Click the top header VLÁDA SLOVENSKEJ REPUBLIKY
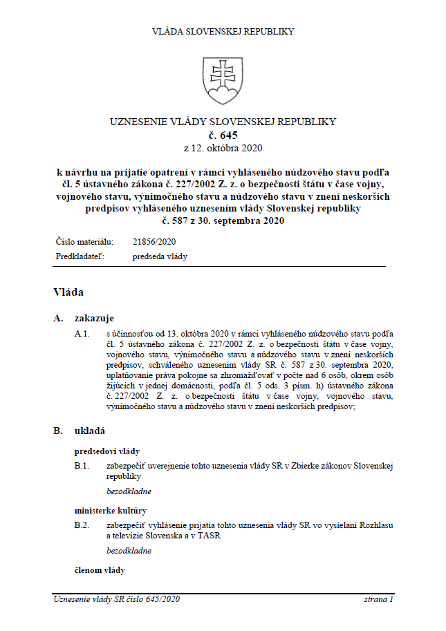(x=223, y=31)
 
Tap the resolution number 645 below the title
(x=223, y=135)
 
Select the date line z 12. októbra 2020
(x=223, y=148)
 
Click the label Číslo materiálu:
(x=84, y=242)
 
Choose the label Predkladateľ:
(x=79, y=256)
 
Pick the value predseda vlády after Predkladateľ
(x=160, y=256)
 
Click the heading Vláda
(x=68, y=292)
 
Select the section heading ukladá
(x=90, y=431)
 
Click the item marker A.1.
(x=82, y=333)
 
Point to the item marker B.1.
(x=82, y=466)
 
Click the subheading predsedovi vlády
(x=107, y=451)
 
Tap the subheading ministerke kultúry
(x=111, y=511)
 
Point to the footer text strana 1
(x=378, y=599)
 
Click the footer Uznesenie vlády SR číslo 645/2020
(x=116, y=599)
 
